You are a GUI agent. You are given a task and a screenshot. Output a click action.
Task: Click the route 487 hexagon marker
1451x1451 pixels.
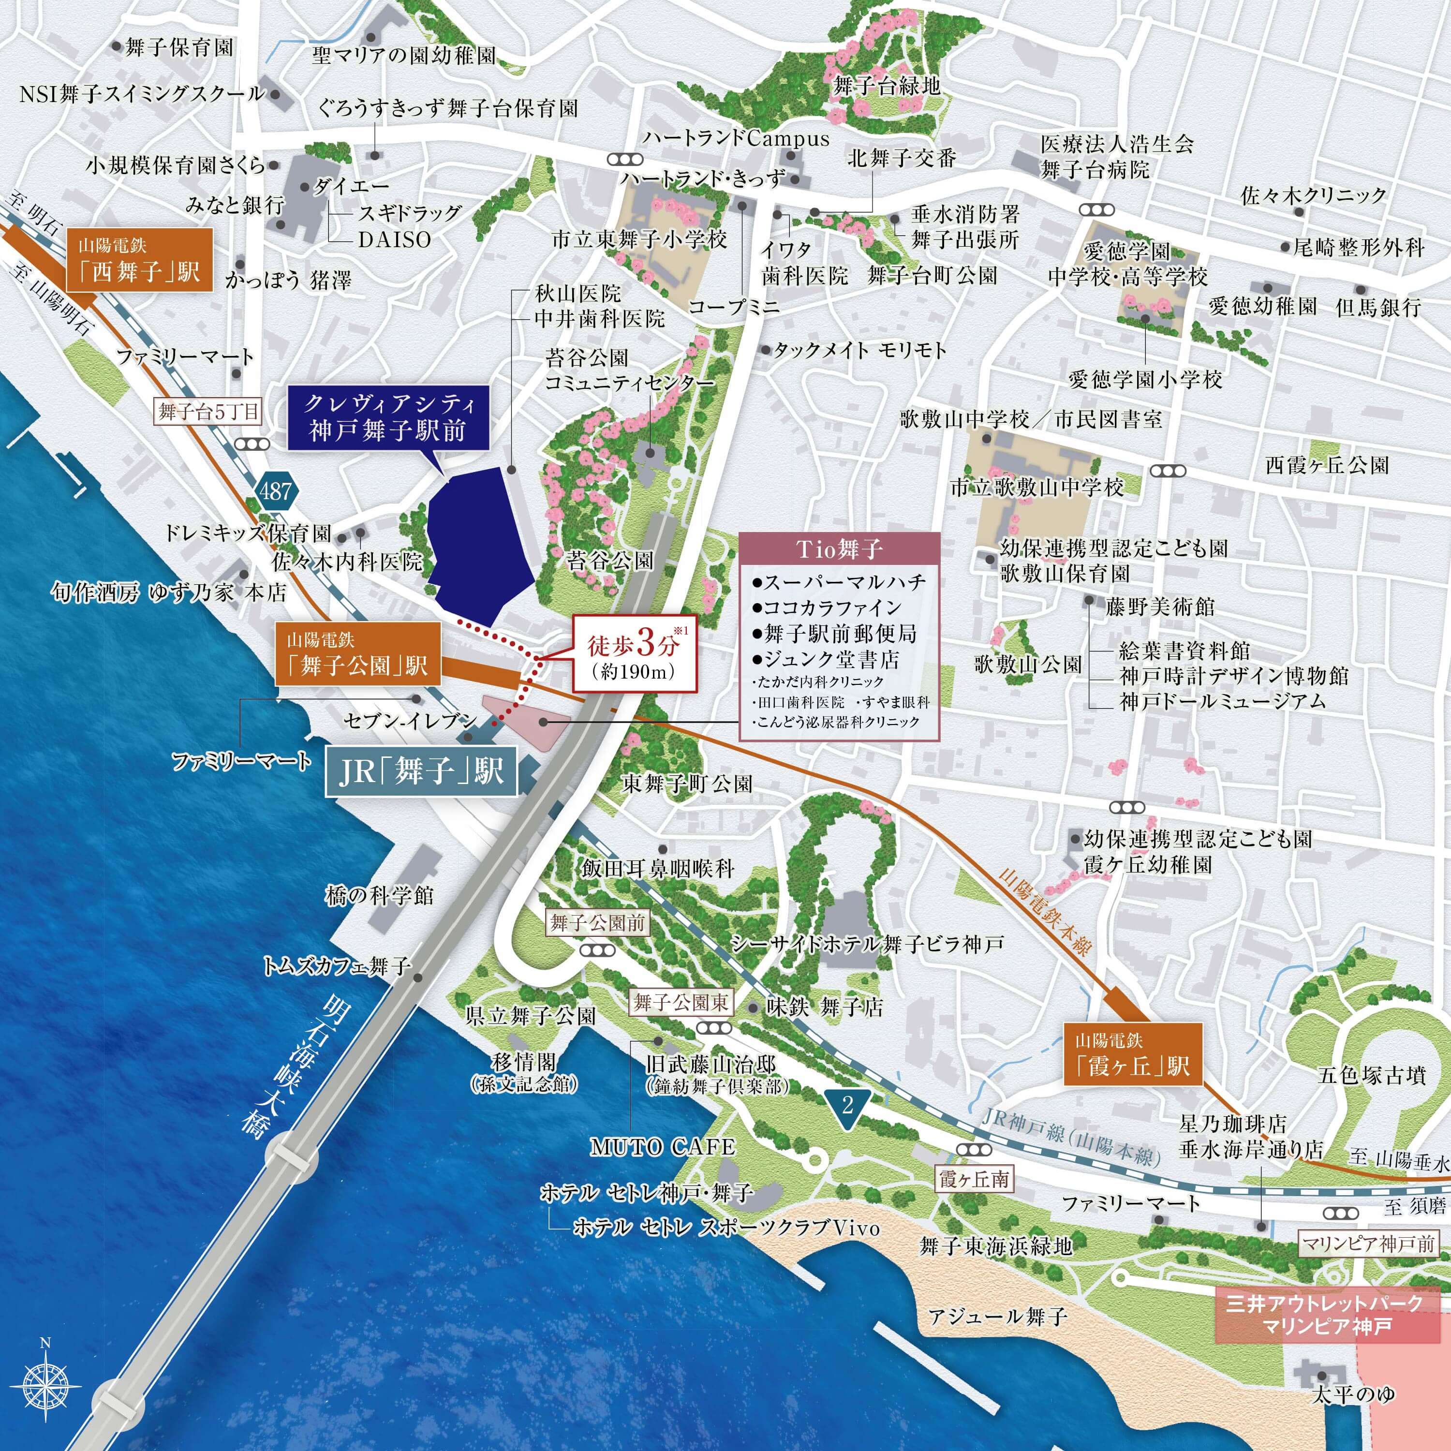tap(276, 492)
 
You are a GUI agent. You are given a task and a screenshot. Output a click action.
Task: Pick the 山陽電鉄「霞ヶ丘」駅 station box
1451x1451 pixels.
tap(1133, 1054)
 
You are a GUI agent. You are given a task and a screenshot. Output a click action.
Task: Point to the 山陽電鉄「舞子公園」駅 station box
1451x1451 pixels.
tap(357, 654)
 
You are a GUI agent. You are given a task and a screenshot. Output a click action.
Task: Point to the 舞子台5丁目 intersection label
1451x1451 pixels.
tap(208, 412)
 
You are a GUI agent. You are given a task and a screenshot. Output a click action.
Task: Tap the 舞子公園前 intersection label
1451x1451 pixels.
tap(597, 923)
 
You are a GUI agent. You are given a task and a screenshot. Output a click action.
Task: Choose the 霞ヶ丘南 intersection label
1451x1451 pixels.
tap(974, 1179)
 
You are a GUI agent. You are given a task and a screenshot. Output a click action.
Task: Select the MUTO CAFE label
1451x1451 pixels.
tap(663, 1147)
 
